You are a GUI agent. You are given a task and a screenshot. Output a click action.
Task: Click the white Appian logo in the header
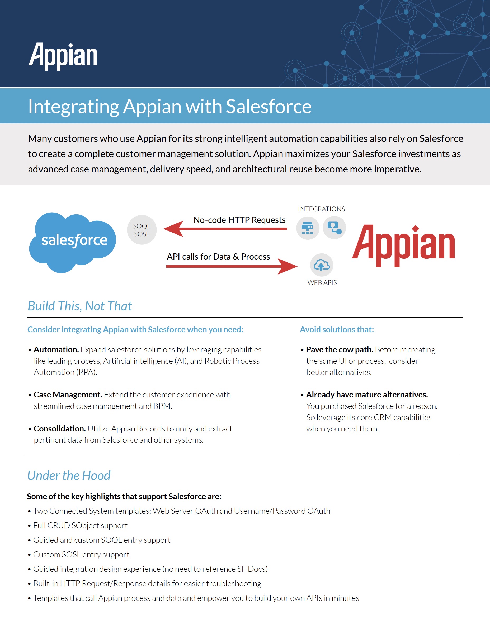tap(63, 56)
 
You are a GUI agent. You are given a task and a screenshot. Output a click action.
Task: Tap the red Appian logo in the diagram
tap(403, 246)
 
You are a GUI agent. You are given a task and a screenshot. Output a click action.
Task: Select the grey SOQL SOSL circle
tap(142, 230)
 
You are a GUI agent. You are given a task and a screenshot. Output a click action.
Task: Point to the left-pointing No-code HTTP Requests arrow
tap(225, 229)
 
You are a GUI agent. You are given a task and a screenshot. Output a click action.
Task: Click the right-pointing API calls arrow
tap(232, 266)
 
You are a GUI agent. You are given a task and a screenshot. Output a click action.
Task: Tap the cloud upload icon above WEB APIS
tap(322, 265)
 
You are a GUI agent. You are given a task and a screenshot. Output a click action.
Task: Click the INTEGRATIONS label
tap(322, 209)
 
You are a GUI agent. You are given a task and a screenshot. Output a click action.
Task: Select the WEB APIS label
tap(322, 282)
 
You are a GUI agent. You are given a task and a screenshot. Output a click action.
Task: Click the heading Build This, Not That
tap(80, 306)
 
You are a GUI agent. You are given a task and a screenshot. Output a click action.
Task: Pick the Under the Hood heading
tap(69, 476)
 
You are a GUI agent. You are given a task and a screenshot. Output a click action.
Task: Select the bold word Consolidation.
tap(60, 429)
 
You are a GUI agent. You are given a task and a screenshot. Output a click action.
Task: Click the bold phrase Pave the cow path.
tap(340, 350)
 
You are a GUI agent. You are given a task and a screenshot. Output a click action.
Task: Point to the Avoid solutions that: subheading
tap(337, 329)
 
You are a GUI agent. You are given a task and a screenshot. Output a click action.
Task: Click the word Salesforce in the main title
tap(268, 106)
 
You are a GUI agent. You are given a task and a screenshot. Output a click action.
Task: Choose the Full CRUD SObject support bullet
tap(80, 525)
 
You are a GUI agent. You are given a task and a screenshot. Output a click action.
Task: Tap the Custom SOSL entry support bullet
tap(81, 554)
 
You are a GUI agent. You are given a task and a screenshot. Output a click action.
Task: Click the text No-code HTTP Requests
tap(239, 220)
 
